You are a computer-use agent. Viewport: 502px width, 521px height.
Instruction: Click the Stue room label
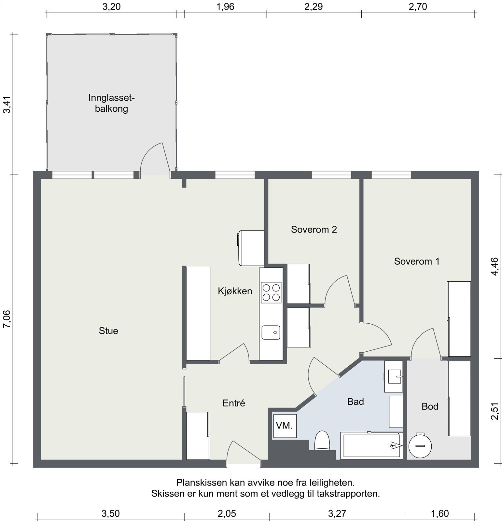click(108, 331)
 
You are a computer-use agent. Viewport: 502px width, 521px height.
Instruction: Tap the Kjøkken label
click(235, 291)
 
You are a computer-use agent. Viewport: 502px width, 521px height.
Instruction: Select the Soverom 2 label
click(314, 230)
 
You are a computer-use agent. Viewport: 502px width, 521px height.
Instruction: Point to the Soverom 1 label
click(417, 261)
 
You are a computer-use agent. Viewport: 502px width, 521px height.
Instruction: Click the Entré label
click(234, 403)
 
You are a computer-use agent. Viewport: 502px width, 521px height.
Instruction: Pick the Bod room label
click(430, 406)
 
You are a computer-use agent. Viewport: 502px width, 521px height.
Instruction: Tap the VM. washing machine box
click(285, 426)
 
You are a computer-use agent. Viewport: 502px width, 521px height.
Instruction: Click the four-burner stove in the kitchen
click(271, 292)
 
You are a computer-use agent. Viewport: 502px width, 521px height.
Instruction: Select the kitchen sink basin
click(271, 332)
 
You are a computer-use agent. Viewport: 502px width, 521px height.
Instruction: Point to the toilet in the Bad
click(322, 441)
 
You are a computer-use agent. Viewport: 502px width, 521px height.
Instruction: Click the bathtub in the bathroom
click(372, 446)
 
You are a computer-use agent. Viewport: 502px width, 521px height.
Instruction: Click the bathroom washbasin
click(394, 376)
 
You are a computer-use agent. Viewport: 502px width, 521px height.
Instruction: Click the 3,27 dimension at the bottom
click(337, 514)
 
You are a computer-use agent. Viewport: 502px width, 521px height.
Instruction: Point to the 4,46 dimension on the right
click(495, 267)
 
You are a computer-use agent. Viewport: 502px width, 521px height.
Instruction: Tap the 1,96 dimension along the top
click(225, 7)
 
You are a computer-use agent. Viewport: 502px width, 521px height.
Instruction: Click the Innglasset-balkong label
click(111, 103)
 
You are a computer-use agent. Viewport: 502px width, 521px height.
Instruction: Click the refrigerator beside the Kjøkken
click(251, 248)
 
